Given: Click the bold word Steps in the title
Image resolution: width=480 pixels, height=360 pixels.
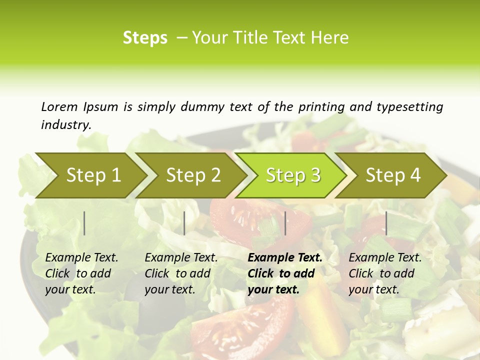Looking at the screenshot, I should pyautogui.click(x=145, y=38).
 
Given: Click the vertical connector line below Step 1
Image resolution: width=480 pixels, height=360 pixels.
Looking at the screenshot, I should pyautogui.click(x=84, y=223).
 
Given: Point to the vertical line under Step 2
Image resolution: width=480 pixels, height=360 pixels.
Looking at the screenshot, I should pyautogui.click(x=184, y=223).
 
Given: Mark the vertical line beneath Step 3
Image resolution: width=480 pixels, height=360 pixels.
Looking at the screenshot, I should pyautogui.click(x=285, y=223).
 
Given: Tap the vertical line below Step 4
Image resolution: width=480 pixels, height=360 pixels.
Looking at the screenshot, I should pyautogui.click(x=386, y=223).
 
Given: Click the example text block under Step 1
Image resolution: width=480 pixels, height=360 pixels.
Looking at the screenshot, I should pyautogui.click(x=81, y=273).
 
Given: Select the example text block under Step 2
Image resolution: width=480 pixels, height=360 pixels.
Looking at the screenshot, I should pyautogui.click(x=180, y=273).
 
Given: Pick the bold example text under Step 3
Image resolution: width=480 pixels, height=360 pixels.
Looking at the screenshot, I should pyautogui.click(x=284, y=273).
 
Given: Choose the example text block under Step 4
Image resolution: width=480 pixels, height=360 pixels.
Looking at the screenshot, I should pyautogui.click(x=384, y=273).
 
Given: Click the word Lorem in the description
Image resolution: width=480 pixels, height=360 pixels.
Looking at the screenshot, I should pyautogui.click(x=59, y=107).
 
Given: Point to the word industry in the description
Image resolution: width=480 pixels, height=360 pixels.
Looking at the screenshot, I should pyautogui.click(x=66, y=125).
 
